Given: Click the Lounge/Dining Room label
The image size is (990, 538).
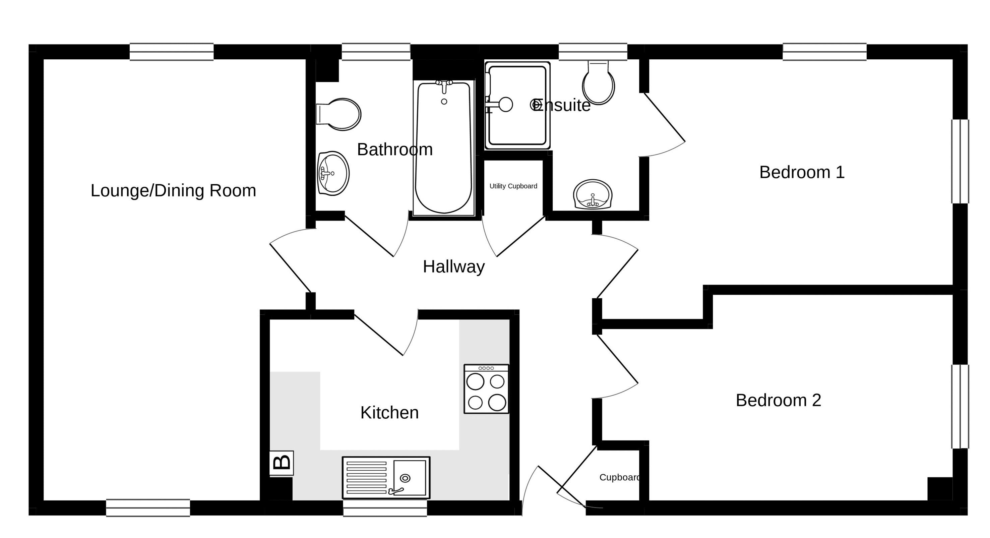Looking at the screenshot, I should (x=173, y=191).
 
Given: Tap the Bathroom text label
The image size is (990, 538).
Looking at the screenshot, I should (x=395, y=150).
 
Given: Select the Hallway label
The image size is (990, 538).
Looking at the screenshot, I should (x=453, y=267).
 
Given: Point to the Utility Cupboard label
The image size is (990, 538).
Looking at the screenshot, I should (x=513, y=186).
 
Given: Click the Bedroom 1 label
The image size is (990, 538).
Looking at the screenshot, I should (x=802, y=172).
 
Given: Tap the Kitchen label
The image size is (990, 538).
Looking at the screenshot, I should (x=389, y=413).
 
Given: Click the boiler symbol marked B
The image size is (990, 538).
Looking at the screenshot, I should (x=282, y=463).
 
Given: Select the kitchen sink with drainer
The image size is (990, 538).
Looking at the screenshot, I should (x=386, y=478).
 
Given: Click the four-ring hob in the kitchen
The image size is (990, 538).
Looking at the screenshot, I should (x=486, y=389).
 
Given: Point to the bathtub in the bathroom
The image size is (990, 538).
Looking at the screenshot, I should (x=444, y=148).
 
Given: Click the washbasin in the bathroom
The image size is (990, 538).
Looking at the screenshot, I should (x=333, y=173).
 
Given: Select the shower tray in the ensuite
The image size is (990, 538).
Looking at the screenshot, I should (x=517, y=105).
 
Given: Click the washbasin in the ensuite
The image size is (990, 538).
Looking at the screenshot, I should (x=592, y=194).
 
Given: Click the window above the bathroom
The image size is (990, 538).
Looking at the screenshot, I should (x=376, y=52).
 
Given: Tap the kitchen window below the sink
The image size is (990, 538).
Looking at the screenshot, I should (x=385, y=508).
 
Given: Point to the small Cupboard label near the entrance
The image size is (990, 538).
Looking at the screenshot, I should (x=620, y=478).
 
